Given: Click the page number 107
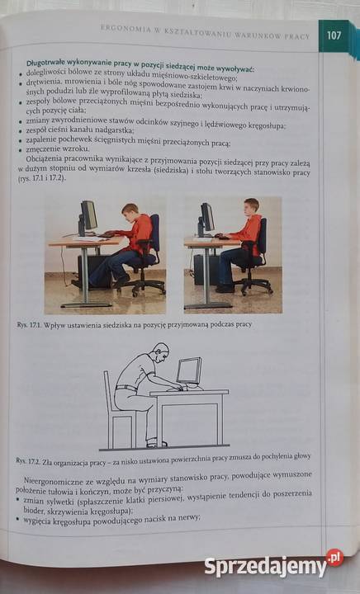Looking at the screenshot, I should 334,35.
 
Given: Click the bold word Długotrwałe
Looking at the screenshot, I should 49,64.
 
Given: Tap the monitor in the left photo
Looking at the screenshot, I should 87,216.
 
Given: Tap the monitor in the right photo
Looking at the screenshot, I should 206,218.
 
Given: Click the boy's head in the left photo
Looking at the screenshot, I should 129,211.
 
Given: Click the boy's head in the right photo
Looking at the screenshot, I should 252,205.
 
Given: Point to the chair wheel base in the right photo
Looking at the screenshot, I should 252,285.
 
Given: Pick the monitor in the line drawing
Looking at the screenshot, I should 189,370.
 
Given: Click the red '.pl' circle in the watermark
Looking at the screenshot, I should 334,559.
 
